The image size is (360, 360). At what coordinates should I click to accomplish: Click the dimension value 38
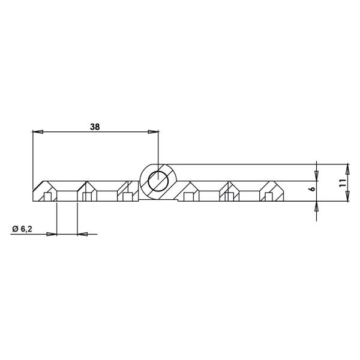click(94, 126)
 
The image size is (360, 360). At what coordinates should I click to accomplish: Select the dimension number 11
click(342, 184)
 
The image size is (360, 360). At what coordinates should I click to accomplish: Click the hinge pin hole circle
click(158, 181)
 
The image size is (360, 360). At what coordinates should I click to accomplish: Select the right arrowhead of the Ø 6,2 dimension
click(82, 233)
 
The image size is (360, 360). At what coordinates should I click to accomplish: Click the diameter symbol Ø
click(14, 229)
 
